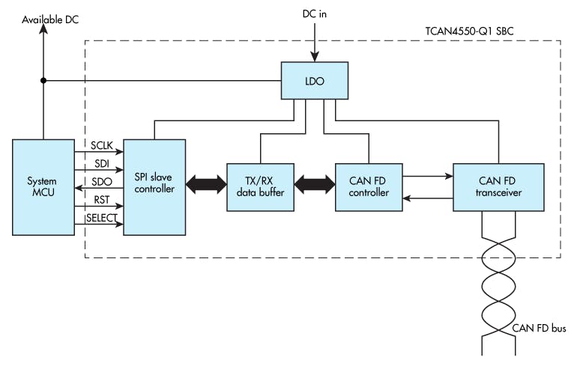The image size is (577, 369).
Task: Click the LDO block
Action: click(x=315, y=80)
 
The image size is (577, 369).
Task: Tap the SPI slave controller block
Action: click(x=154, y=186)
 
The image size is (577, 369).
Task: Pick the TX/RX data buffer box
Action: click(x=260, y=186)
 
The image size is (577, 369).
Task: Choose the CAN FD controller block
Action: click(x=369, y=186)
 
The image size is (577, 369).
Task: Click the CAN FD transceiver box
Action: click(x=499, y=186)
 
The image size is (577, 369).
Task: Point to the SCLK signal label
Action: click(x=100, y=144)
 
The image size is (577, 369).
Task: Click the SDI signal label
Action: click(x=100, y=163)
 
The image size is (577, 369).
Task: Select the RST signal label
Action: click(x=100, y=200)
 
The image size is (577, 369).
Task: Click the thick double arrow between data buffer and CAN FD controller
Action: click(x=314, y=183)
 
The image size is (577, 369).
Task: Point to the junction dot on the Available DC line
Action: click(x=43, y=80)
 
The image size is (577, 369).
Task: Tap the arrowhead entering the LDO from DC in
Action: click(x=315, y=56)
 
